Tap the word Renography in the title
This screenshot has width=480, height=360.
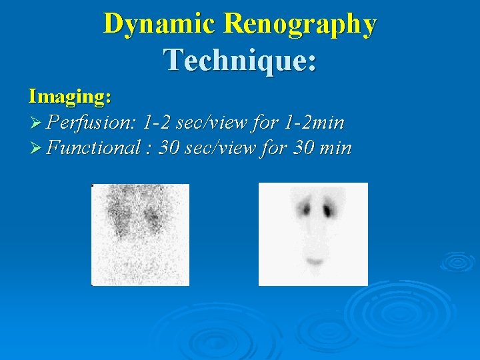tap(301, 24)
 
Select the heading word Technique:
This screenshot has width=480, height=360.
tap(240, 59)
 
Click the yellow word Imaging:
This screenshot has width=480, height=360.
tap(69, 97)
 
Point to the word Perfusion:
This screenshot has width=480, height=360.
tap(92, 123)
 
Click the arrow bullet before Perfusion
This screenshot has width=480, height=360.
tap(36, 123)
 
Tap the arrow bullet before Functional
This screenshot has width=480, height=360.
tap(36, 148)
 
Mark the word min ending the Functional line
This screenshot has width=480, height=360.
tap(335, 147)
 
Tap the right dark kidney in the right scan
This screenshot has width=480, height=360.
tap(327, 210)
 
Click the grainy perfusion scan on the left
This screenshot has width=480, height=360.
tap(140, 234)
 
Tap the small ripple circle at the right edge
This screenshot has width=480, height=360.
tap(459, 262)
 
